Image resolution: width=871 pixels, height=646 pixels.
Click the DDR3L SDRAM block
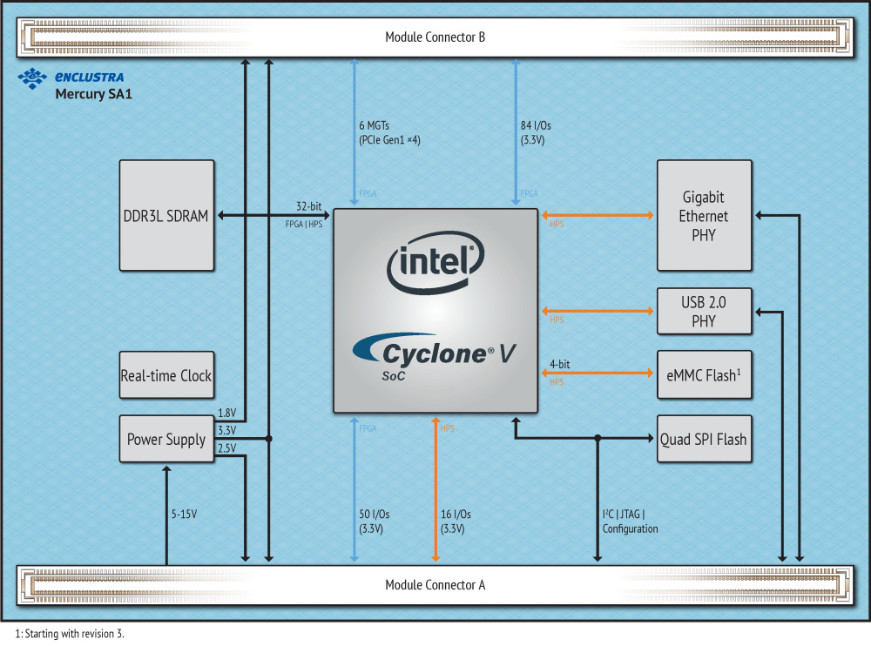pyautogui.click(x=166, y=215)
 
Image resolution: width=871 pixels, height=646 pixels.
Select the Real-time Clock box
pyautogui.click(x=165, y=376)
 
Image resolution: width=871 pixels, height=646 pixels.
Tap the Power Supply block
pyautogui.click(x=165, y=439)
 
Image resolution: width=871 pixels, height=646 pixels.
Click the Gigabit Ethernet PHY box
pyautogui.click(x=704, y=215)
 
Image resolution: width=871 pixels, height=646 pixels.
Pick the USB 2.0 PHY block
pyautogui.click(x=704, y=311)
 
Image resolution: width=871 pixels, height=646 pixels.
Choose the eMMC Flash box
pyautogui.click(x=704, y=374)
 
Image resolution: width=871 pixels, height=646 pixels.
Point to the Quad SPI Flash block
pyautogui.click(x=704, y=439)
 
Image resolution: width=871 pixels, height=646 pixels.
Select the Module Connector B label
pyautogui.click(x=435, y=37)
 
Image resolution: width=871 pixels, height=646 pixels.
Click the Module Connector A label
pyautogui.click(x=435, y=584)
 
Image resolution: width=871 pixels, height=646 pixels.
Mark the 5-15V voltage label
pyautogui.click(x=184, y=514)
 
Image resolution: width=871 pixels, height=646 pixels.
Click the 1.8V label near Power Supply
pyautogui.click(x=226, y=414)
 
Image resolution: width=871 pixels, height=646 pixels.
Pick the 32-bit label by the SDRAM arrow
pyautogui.click(x=309, y=206)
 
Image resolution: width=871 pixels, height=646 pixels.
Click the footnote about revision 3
pyautogui.click(x=70, y=633)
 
